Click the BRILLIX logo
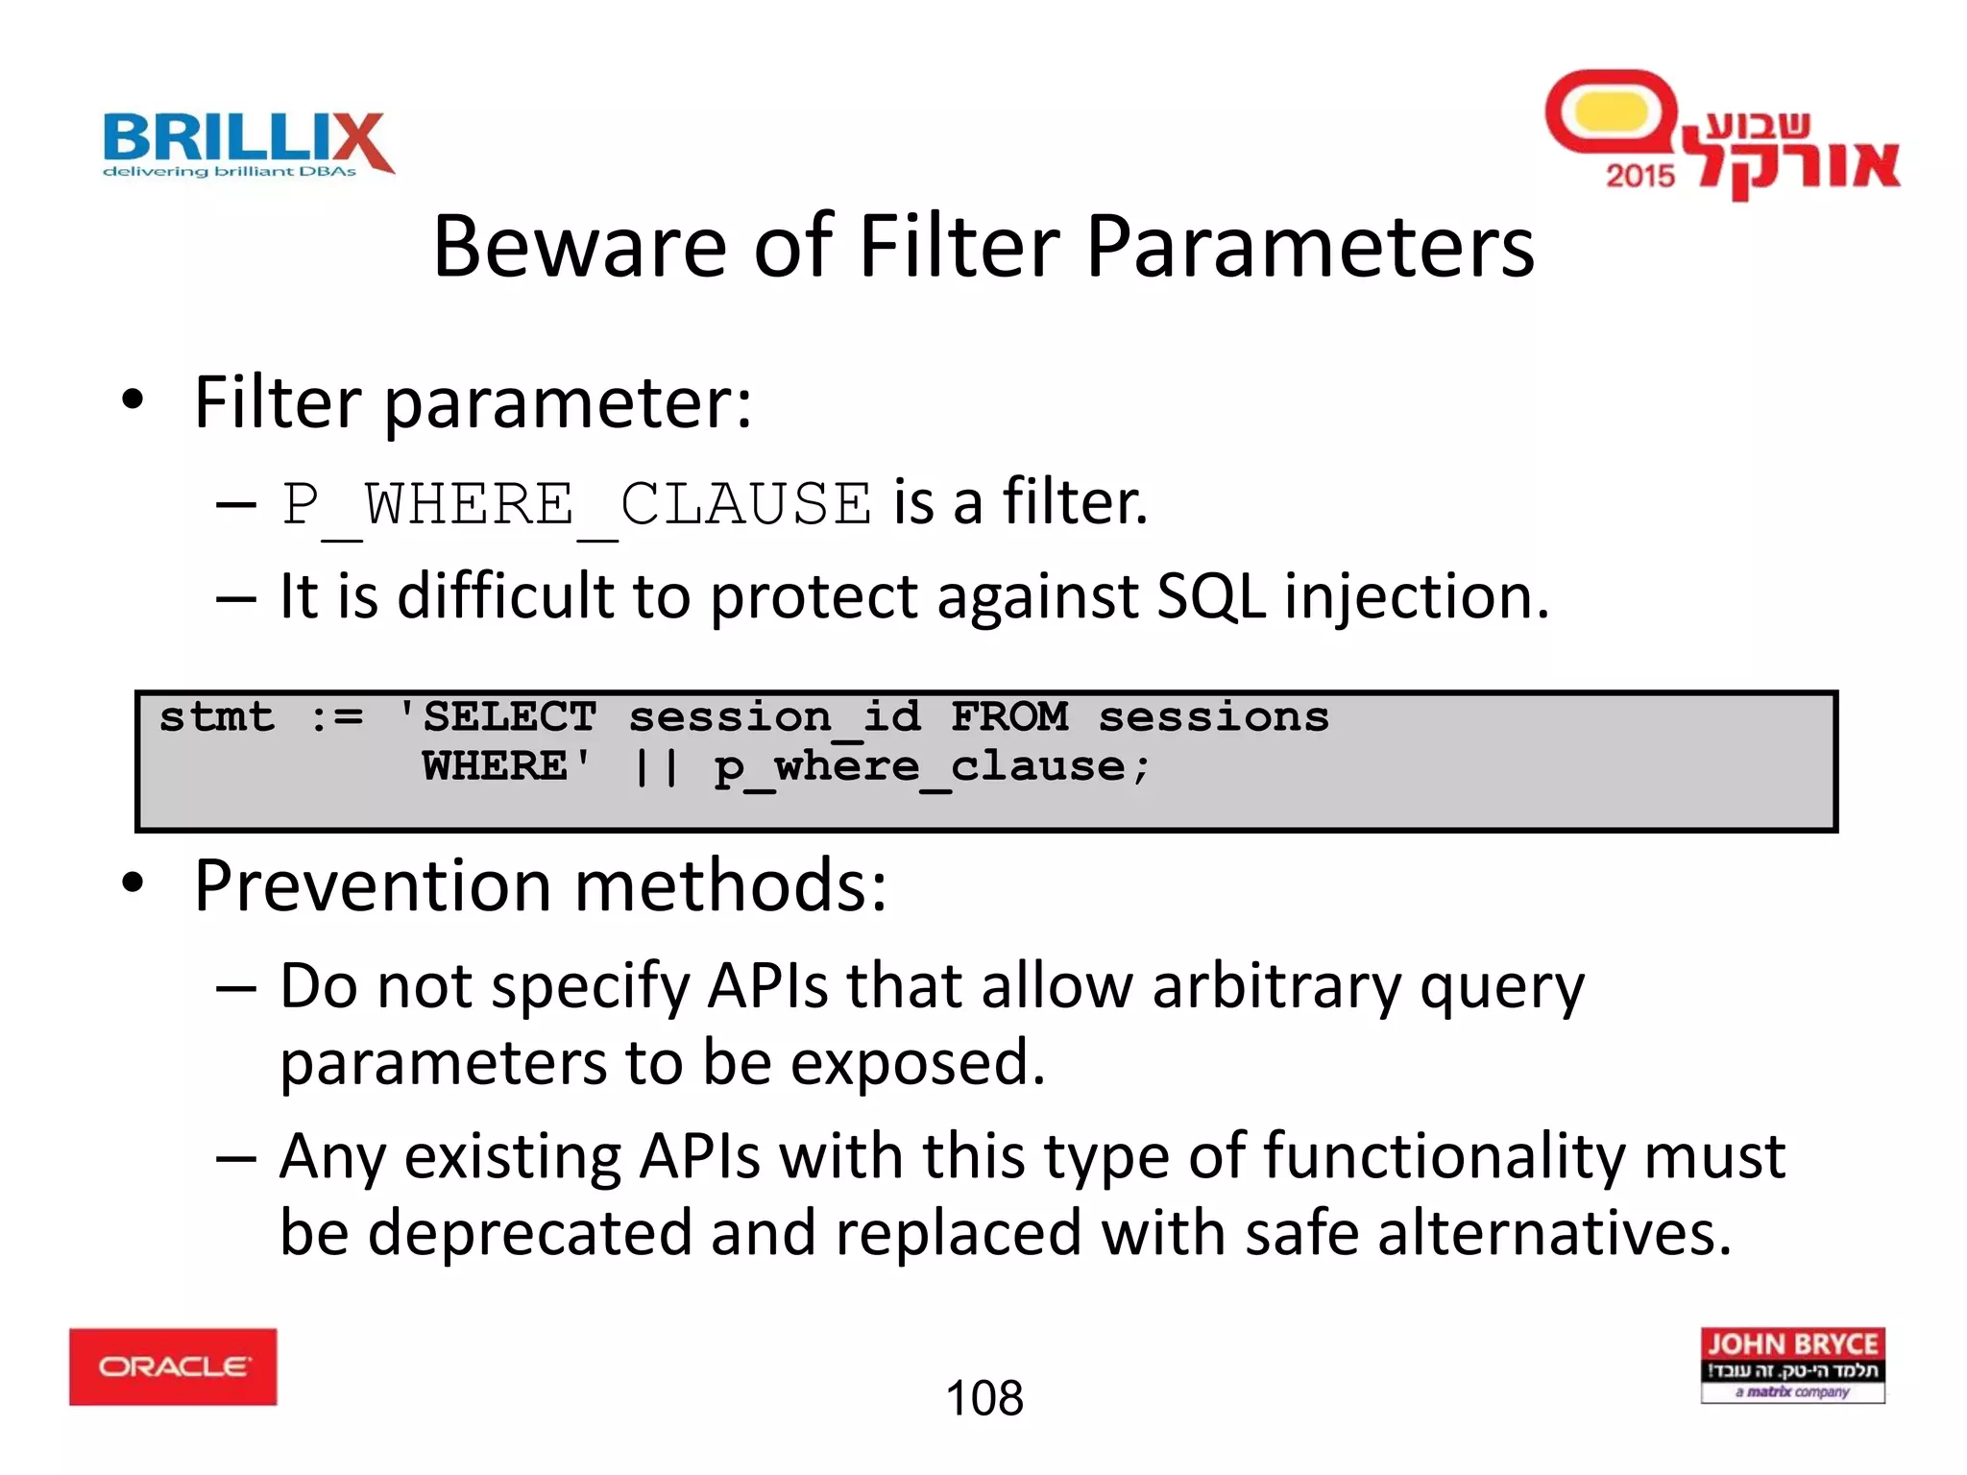[x=248, y=144]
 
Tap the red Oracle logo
[x=173, y=1366]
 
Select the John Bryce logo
[x=1792, y=1365]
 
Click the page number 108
[x=984, y=1398]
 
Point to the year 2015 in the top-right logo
[x=1640, y=176]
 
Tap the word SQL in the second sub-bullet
[x=1211, y=597]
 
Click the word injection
[x=1416, y=597]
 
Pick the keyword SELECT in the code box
[x=510, y=717]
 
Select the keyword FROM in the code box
[x=1009, y=717]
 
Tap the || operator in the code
[x=657, y=767]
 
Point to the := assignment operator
[x=337, y=717]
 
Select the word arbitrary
[x=1276, y=987]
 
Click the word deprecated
[x=529, y=1233]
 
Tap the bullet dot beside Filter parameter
[x=134, y=400]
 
